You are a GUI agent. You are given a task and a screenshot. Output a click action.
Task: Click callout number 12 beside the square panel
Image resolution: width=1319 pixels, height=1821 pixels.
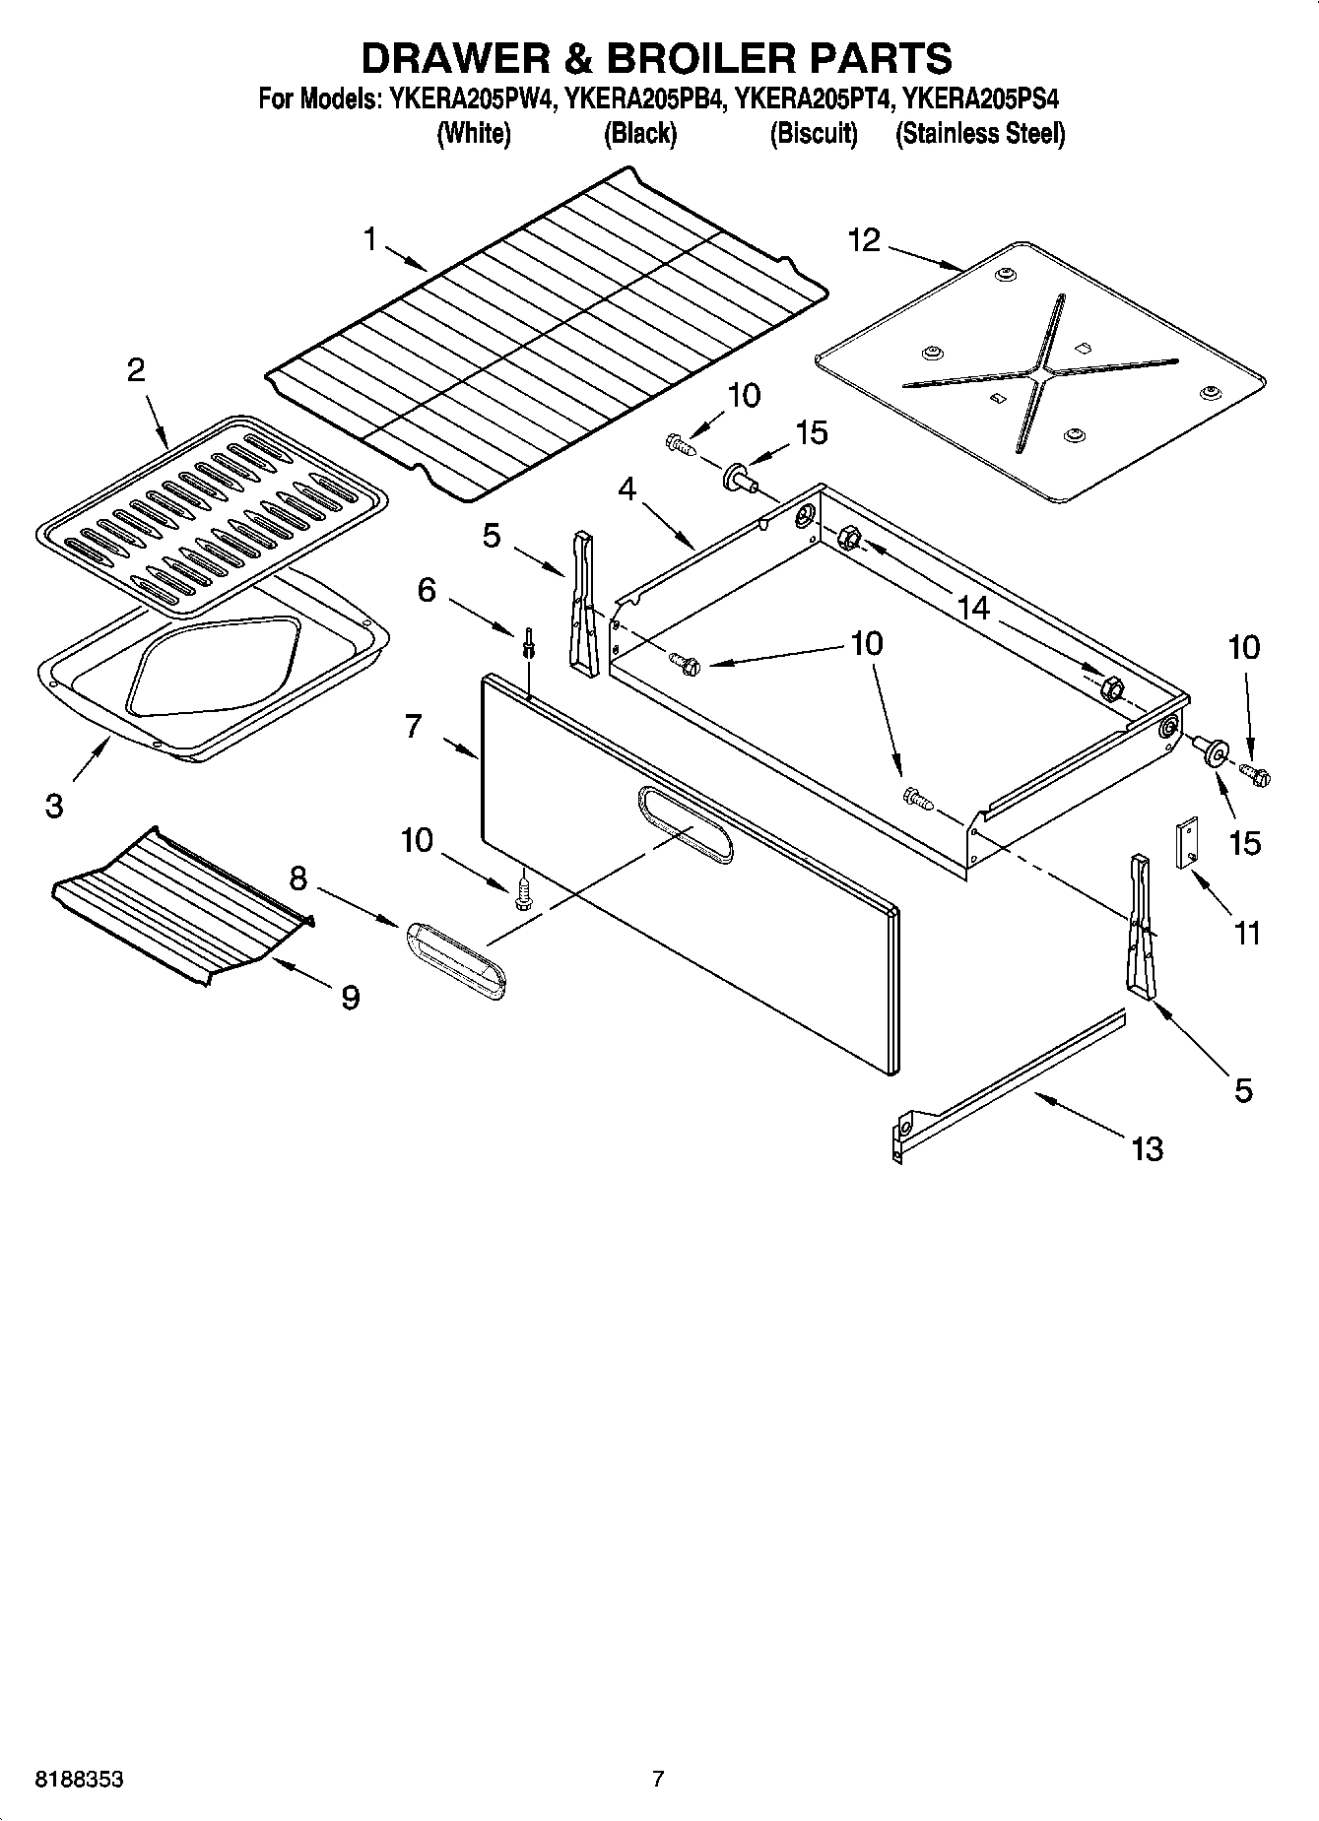pos(864,239)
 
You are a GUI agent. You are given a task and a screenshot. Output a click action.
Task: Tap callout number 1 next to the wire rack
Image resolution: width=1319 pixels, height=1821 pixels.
pos(370,238)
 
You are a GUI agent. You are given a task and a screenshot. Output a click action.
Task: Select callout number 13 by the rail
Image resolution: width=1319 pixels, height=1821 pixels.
pos(1148,1148)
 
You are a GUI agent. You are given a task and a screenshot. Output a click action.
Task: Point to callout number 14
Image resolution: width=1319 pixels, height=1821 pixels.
pos(973,608)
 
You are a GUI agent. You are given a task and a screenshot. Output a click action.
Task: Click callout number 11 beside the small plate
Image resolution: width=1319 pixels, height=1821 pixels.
pos(1247,932)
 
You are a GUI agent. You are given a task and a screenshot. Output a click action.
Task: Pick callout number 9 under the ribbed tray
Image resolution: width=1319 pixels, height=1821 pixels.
pos(350,998)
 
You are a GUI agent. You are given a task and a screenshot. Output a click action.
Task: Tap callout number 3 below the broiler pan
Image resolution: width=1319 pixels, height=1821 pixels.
pos(54,806)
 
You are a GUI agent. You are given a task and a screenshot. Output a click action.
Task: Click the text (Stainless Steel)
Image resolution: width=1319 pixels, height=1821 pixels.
pos(979,133)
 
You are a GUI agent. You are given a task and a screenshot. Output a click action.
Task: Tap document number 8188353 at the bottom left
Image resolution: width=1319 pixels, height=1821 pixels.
pos(79,1780)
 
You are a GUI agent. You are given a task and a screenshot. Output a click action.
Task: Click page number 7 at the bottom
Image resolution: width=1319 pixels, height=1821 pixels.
pos(658,1779)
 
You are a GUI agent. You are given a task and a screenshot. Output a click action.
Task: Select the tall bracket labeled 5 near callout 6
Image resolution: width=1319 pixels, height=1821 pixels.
pos(583,604)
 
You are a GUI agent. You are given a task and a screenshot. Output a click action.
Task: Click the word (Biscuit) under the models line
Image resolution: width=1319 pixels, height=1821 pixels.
pos(813,133)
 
